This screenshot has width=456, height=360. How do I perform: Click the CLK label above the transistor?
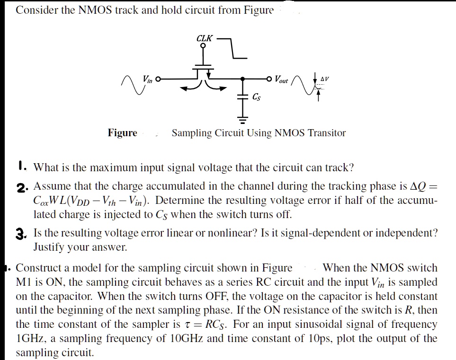(x=205, y=38)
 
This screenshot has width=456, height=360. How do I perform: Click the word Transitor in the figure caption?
(x=327, y=133)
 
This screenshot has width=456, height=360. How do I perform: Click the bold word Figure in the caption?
(x=122, y=133)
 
